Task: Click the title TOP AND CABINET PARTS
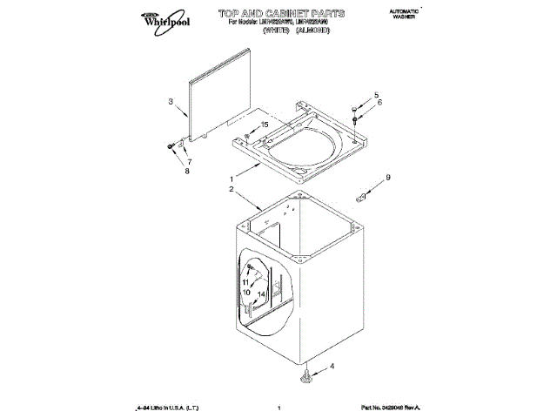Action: (x=270, y=14)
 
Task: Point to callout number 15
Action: (x=265, y=125)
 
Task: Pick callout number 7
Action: (x=189, y=163)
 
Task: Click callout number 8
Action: (x=185, y=172)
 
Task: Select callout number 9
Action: (x=388, y=178)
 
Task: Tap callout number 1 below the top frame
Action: (x=232, y=179)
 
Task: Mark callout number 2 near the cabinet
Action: (x=232, y=190)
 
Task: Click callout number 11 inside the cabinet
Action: (x=246, y=283)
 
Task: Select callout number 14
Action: (x=260, y=294)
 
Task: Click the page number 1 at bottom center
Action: (x=277, y=408)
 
